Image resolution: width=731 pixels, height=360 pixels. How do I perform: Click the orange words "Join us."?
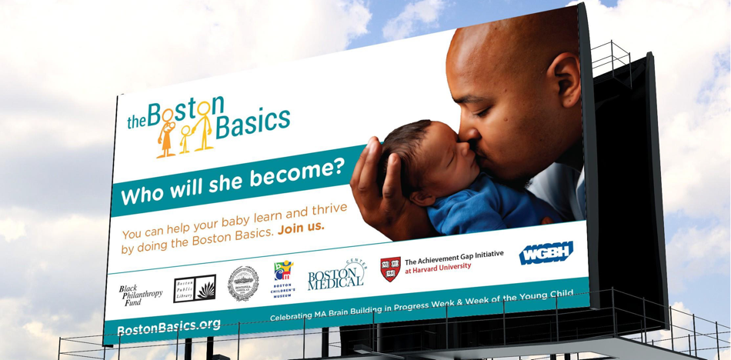tap(302, 227)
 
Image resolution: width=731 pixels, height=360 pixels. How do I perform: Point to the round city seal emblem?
tap(242, 282)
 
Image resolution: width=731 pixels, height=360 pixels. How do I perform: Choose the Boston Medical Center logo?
tap(336, 275)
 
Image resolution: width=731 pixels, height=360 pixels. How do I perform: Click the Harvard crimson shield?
tap(390, 268)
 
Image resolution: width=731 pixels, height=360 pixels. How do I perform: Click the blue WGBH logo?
tap(546, 252)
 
